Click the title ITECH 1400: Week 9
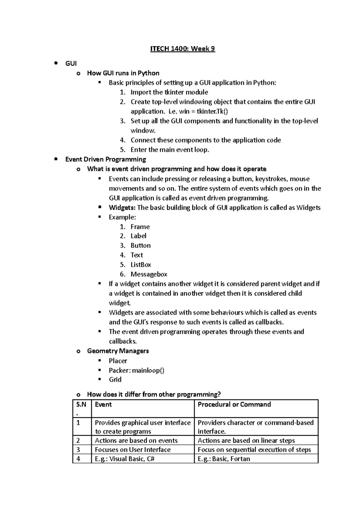click(182, 49)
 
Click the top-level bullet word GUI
click(71, 64)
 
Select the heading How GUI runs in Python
click(123, 73)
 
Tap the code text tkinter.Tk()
click(212, 112)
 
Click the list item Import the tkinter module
click(169, 92)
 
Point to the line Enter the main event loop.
click(169, 150)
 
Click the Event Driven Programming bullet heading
click(106, 159)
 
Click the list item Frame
click(140, 227)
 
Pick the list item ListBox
click(141, 265)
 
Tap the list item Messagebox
click(149, 274)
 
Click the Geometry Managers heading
click(118, 351)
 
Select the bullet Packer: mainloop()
click(136, 371)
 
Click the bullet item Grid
click(115, 380)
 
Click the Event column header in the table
click(103, 405)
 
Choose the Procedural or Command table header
click(234, 405)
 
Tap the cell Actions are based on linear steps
click(246, 441)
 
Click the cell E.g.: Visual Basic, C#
click(124, 459)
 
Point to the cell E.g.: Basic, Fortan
click(223, 459)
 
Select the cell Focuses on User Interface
click(133, 450)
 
